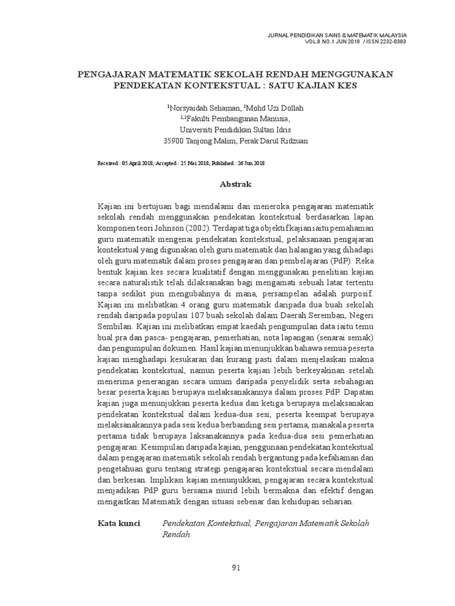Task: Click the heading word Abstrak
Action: (235, 184)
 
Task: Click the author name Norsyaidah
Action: (189, 108)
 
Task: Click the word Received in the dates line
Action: (107, 162)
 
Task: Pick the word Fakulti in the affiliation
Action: (199, 119)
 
